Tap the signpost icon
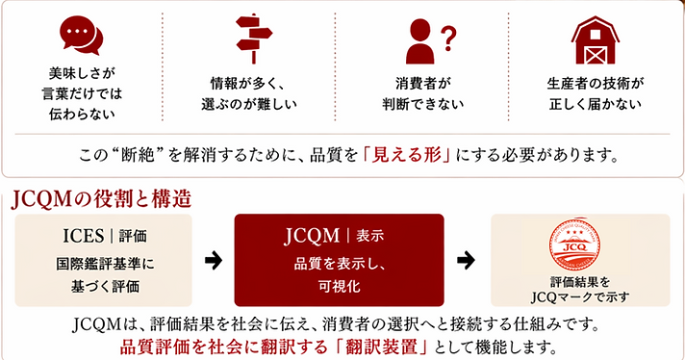point(253,37)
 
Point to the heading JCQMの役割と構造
point(101,200)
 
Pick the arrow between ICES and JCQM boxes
point(215,260)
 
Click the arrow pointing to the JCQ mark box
point(466,260)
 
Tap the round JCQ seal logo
point(574,245)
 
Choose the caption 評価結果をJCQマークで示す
point(574,289)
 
